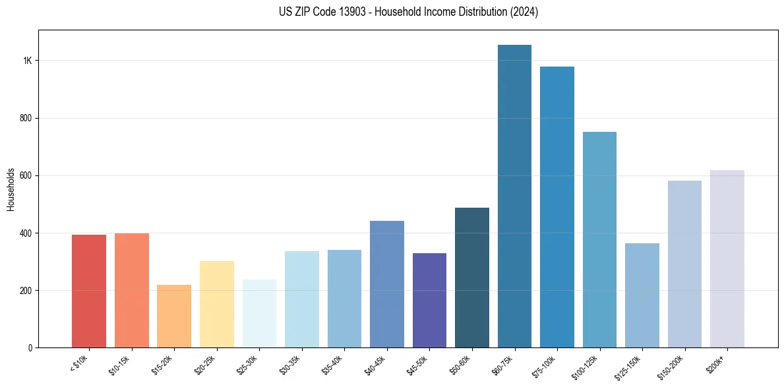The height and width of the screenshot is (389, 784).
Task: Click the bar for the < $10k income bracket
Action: click(89, 291)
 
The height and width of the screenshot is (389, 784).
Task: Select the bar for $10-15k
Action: click(132, 290)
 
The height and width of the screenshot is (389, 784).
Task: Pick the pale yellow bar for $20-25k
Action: click(217, 304)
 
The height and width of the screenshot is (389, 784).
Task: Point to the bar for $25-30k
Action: click(259, 313)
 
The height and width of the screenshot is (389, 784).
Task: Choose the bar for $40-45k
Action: click(387, 284)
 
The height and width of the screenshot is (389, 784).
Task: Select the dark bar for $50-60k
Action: click(472, 278)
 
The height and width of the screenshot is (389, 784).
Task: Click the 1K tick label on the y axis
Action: click(28, 61)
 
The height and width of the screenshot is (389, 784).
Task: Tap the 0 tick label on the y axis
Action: click(30, 347)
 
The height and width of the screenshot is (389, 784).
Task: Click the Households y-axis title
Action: click(11, 189)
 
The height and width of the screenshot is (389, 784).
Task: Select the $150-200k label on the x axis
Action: click(671, 367)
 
